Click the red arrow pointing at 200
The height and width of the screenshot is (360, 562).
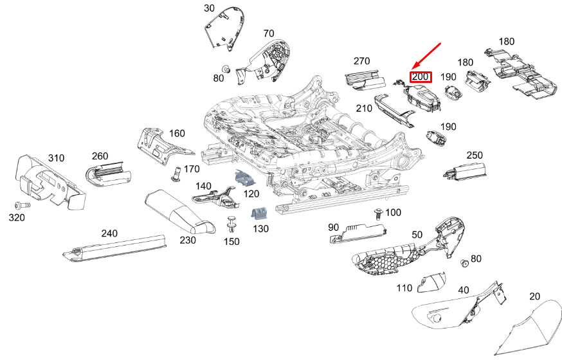(x=426, y=56)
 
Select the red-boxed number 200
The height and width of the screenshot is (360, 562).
(x=421, y=77)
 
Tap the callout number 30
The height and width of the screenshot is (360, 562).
(x=210, y=8)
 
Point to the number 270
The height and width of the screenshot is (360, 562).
(x=361, y=61)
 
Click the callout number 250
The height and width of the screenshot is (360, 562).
(x=475, y=156)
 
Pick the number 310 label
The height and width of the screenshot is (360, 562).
(x=57, y=158)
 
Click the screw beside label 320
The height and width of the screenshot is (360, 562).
(x=23, y=206)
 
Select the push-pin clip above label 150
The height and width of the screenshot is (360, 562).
(x=232, y=224)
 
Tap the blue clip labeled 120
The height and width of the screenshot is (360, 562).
(x=242, y=177)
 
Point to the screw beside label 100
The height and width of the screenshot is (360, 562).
(x=379, y=214)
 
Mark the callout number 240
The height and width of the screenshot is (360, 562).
(x=109, y=233)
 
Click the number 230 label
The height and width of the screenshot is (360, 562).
(x=188, y=240)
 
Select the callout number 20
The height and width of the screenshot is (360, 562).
(x=535, y=296)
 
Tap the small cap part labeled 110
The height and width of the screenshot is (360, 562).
(x=432, y=283)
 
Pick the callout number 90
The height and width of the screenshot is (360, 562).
(x=333, y=228)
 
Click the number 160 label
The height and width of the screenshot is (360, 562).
(x=177, y=134)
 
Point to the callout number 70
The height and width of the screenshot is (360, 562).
(x=268, y=33)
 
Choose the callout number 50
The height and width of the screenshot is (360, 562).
(x=417, y=235)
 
